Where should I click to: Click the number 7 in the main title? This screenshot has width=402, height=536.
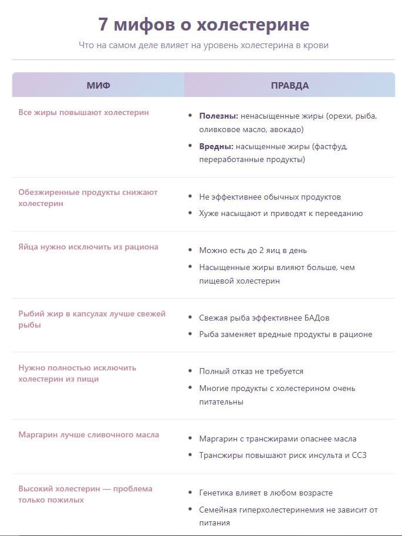(103, 25)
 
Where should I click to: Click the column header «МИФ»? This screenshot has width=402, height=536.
(98, 86)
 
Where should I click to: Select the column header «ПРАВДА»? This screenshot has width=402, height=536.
(290, 86)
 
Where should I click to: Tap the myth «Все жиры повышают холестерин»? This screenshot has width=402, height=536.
(83, 112)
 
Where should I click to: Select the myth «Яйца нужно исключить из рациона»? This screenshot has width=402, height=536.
(88, 247)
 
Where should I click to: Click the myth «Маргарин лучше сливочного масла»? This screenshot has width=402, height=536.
(89, 435)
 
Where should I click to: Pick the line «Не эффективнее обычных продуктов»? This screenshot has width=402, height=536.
(270, 197)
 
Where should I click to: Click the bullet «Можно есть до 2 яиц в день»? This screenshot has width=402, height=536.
(253, 250)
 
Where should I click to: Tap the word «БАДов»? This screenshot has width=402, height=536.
(316, 318)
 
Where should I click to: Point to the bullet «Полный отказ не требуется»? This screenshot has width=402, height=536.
(251, 372)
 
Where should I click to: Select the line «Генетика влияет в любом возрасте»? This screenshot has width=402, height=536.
(266, 493)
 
